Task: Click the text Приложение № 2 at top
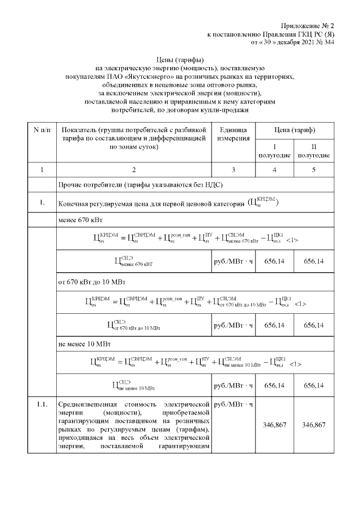tap(308, 26)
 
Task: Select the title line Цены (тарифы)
tap(179, 59)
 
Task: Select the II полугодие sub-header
tap(313, 151)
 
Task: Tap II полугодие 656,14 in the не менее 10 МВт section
tap(313, 386)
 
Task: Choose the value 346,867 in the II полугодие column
tap(313, 425)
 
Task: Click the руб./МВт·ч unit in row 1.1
tap(232, 404)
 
